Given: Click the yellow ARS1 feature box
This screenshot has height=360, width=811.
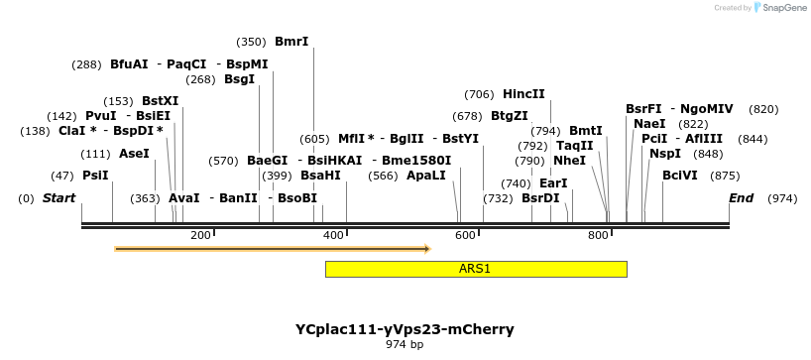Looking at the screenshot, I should tap(475, 269).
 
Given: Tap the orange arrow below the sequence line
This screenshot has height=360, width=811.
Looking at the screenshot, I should tap(272, 249).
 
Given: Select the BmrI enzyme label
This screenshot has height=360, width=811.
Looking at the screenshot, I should tap(291, 42).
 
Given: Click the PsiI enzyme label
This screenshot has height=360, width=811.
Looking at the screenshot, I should tap(95, 176).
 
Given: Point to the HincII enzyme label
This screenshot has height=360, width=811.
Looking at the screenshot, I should tap(523, 94).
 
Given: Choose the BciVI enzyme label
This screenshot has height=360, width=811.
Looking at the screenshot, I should tap(680, 176).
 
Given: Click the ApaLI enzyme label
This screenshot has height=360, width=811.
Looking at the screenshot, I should tap(426, 176).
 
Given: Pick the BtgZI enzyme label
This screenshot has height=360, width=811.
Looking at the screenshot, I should tap(510, 116).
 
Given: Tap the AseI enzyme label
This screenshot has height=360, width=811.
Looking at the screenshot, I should tap(134, 154).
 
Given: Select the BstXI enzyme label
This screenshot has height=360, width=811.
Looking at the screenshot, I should tap(161, 101).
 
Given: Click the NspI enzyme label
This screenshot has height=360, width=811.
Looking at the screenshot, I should tap(665, 154).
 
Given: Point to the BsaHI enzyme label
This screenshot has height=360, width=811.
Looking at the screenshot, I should tap(320, 176).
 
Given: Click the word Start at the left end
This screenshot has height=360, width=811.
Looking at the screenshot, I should tap(58, 198).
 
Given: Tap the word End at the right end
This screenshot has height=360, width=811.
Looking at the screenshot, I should tap(741, 198).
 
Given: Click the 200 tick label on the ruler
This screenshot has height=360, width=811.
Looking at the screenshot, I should tap(200, 235).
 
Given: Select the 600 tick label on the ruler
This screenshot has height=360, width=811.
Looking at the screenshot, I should tap(465, 235).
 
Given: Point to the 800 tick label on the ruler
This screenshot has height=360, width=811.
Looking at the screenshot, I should tap(598, 235).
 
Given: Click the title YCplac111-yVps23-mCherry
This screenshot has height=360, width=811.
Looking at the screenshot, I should tap(405, 329).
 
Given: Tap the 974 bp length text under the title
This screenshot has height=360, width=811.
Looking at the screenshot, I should tap(405, 345).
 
